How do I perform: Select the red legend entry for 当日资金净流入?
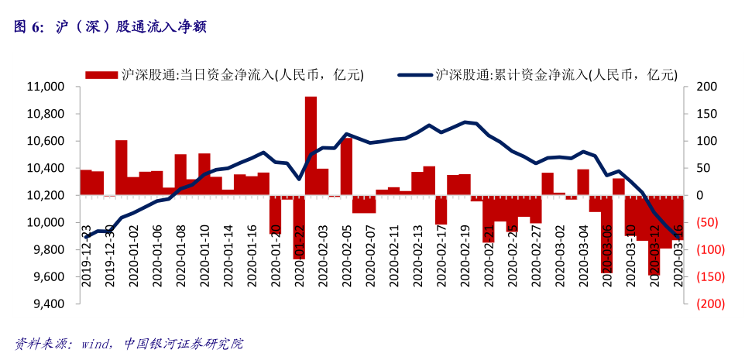pos(225,74)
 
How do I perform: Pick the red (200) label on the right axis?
pos(710,304)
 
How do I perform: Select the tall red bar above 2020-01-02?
pos(122,167)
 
